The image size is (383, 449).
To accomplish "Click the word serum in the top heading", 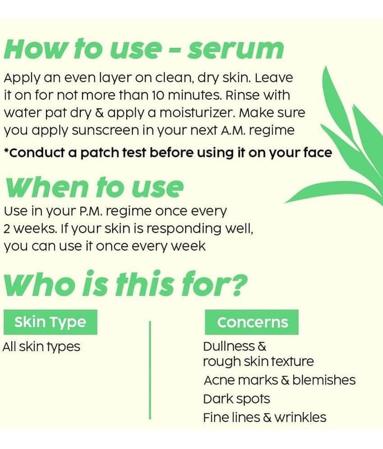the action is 235,49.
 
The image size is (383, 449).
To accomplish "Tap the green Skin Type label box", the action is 50,322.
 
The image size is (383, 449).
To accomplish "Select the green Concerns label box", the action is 252,322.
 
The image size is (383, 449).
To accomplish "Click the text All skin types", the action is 41,347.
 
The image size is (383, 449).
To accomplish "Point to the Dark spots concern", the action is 237,399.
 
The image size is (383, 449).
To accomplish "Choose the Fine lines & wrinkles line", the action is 265,418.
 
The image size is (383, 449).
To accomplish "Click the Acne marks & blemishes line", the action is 280,381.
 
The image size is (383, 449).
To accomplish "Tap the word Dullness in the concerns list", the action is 229,346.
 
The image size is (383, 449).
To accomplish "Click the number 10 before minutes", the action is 158,95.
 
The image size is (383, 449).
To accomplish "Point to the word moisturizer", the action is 197,113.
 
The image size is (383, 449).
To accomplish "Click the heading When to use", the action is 94,188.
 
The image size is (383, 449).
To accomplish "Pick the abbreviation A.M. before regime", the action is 233,131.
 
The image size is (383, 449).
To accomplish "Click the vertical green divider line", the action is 150,370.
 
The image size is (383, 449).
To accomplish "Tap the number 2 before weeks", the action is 7,229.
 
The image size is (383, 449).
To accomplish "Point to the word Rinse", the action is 242,95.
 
